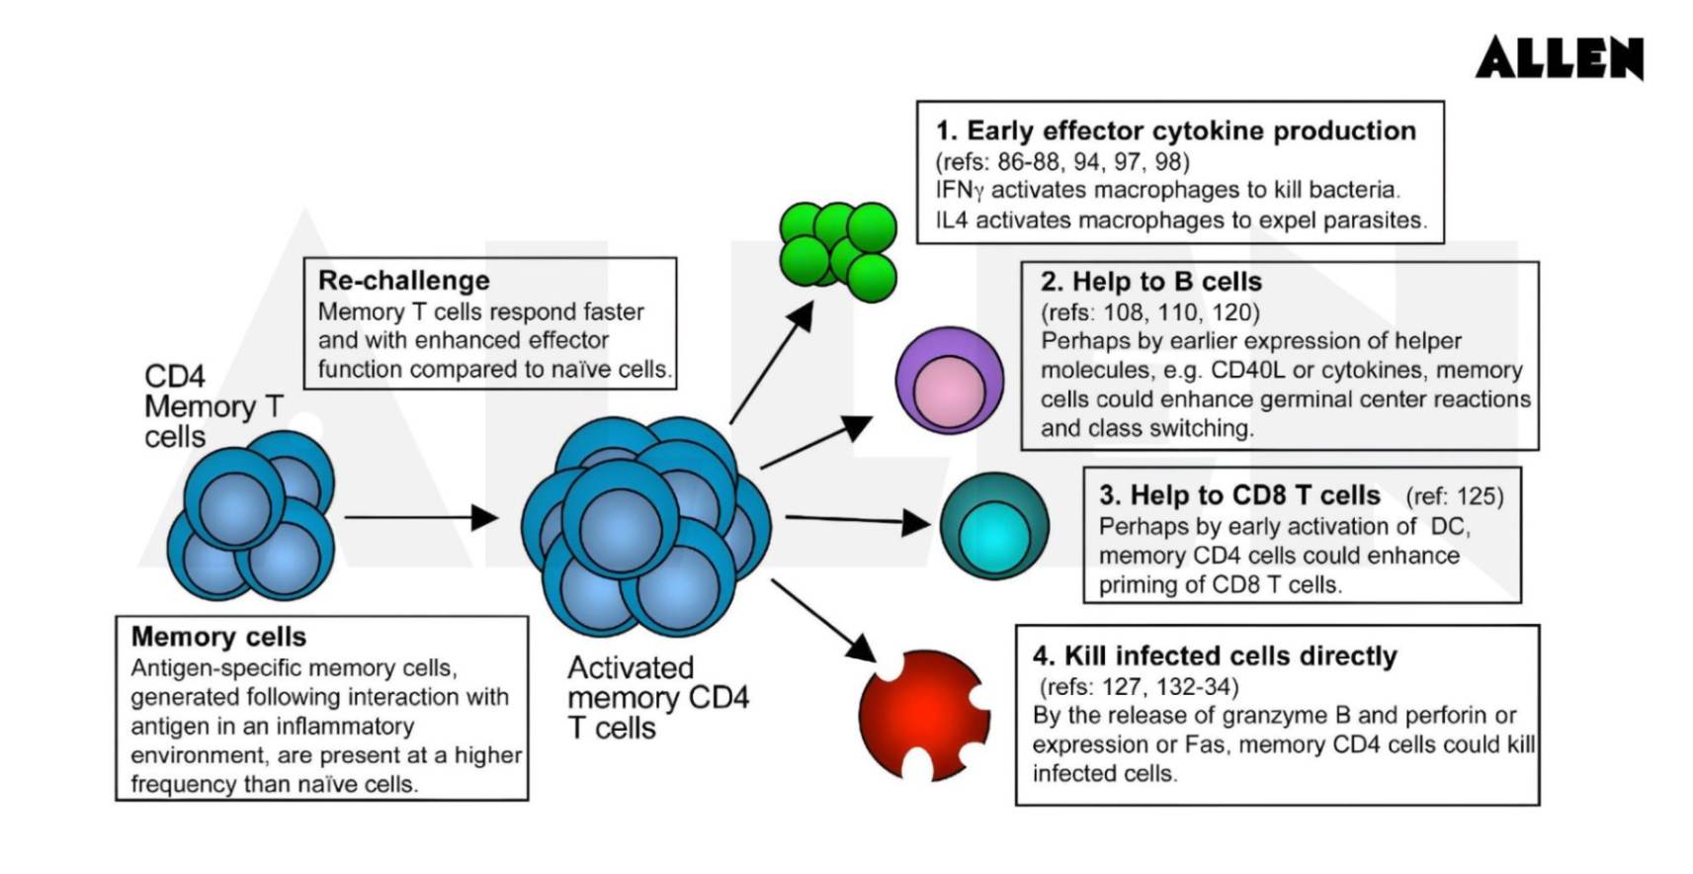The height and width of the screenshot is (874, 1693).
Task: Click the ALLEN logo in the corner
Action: tap(1559, 57)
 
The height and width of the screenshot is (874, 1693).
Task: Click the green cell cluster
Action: tap(838, 251)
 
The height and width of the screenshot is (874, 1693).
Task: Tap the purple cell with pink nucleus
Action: tap(949, 381)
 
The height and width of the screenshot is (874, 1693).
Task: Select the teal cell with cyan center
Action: tap(993, 526)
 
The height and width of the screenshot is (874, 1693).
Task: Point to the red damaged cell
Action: tap(923, 714)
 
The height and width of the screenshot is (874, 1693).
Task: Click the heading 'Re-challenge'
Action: tap(403, 281)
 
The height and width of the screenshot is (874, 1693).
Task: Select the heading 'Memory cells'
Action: tap(218, 637)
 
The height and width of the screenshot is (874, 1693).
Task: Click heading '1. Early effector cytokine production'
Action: tap(1176, 131)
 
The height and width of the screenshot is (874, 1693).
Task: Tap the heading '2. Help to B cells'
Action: tap(1150, 282)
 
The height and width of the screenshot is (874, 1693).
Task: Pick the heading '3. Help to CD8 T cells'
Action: tap(1239, 495)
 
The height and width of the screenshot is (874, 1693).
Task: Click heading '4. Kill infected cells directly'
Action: tap(1215, 656)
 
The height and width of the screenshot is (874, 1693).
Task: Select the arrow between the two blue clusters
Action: tap(420, 517)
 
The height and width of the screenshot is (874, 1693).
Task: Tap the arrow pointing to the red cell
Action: tap(822, 620)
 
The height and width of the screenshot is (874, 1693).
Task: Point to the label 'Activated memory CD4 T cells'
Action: tap(657, 698)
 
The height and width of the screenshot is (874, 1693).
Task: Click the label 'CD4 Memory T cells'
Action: tap(212, 406)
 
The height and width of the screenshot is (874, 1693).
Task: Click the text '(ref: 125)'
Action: tap(1454, 496)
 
